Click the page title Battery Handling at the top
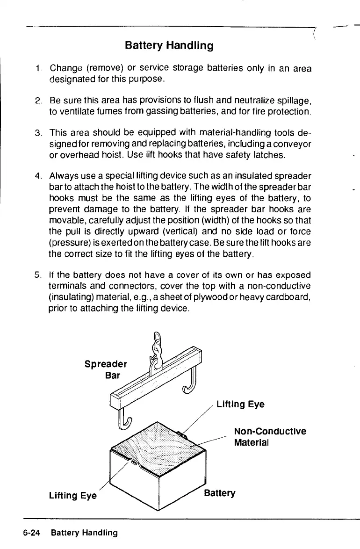[169, 46]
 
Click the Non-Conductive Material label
[270, 436]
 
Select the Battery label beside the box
[220, 493]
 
